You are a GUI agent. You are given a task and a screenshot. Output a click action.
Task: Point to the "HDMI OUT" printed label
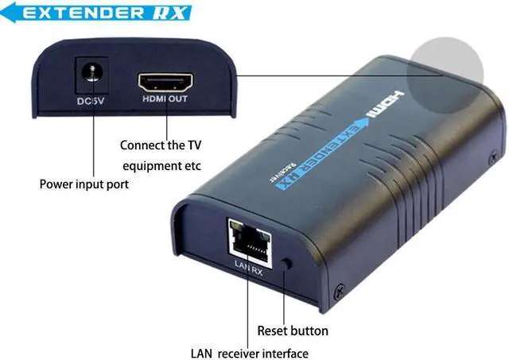pos(166,100)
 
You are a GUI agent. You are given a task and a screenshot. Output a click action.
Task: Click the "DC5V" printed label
pos(92,101)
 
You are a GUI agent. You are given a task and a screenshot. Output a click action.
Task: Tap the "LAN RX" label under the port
pos(247,269)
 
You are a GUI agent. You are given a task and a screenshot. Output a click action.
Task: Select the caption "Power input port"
pos(84,184)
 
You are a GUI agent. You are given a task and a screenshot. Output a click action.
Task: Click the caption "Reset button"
pos(292,330)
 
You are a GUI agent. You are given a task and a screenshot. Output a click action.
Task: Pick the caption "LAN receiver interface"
pos(249,353)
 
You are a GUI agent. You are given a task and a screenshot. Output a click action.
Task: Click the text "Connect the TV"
pos(161,145)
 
